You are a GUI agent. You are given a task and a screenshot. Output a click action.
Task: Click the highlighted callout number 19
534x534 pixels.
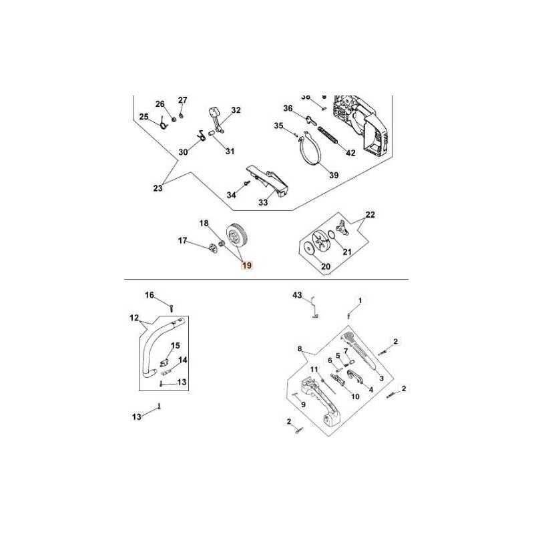coord(247,266)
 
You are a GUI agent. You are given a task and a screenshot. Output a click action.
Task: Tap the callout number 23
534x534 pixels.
coord(158,188)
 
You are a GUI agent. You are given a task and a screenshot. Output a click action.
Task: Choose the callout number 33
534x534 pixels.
coord(263,202)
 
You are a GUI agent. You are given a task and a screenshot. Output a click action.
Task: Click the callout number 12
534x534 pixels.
coord(133,318)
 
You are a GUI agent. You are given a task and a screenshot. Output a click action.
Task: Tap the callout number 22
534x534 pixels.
coord(370,215)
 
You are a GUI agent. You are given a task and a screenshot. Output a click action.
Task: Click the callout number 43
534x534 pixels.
coord(298,294)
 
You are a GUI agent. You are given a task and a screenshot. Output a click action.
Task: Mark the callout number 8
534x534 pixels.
coord(300,348)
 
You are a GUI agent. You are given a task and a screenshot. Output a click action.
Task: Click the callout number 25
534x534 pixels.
coord(144,117)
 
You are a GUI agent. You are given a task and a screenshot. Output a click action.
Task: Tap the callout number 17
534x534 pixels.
coord(181,240)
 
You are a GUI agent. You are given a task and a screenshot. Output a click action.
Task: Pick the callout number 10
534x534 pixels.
coord(355,396)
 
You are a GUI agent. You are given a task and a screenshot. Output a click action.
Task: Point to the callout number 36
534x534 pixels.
coord(288,108)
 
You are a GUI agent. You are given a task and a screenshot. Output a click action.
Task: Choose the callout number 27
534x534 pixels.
coord(182,100)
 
